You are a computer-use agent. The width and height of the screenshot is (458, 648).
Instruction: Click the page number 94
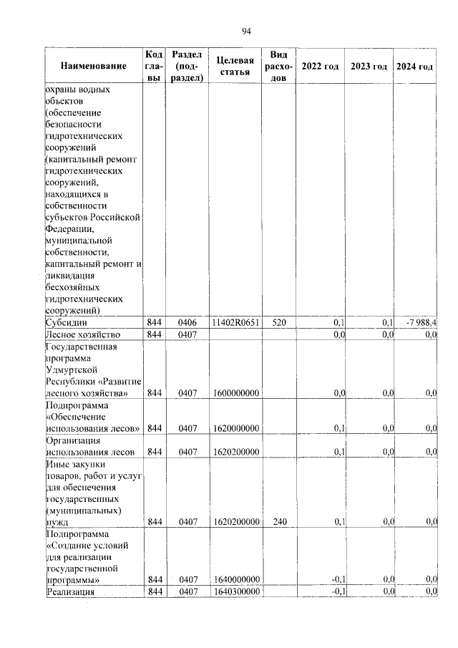tap(245, 30)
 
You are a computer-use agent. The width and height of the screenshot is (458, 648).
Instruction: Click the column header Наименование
tap(93, 67)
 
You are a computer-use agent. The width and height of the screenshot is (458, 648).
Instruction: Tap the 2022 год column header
tap(320, 67)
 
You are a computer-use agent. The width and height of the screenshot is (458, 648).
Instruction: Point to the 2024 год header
tap(415, 67)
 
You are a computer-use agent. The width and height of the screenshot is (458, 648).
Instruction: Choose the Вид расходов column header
tap(278, 67)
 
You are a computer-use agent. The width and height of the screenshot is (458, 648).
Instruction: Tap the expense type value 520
tap(278, 323)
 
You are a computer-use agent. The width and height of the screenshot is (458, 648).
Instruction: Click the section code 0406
tap(187, 323)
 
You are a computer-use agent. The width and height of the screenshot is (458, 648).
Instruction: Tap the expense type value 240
tap(278, 522)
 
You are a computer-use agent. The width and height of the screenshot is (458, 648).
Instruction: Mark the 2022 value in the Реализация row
tap(338, 591)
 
